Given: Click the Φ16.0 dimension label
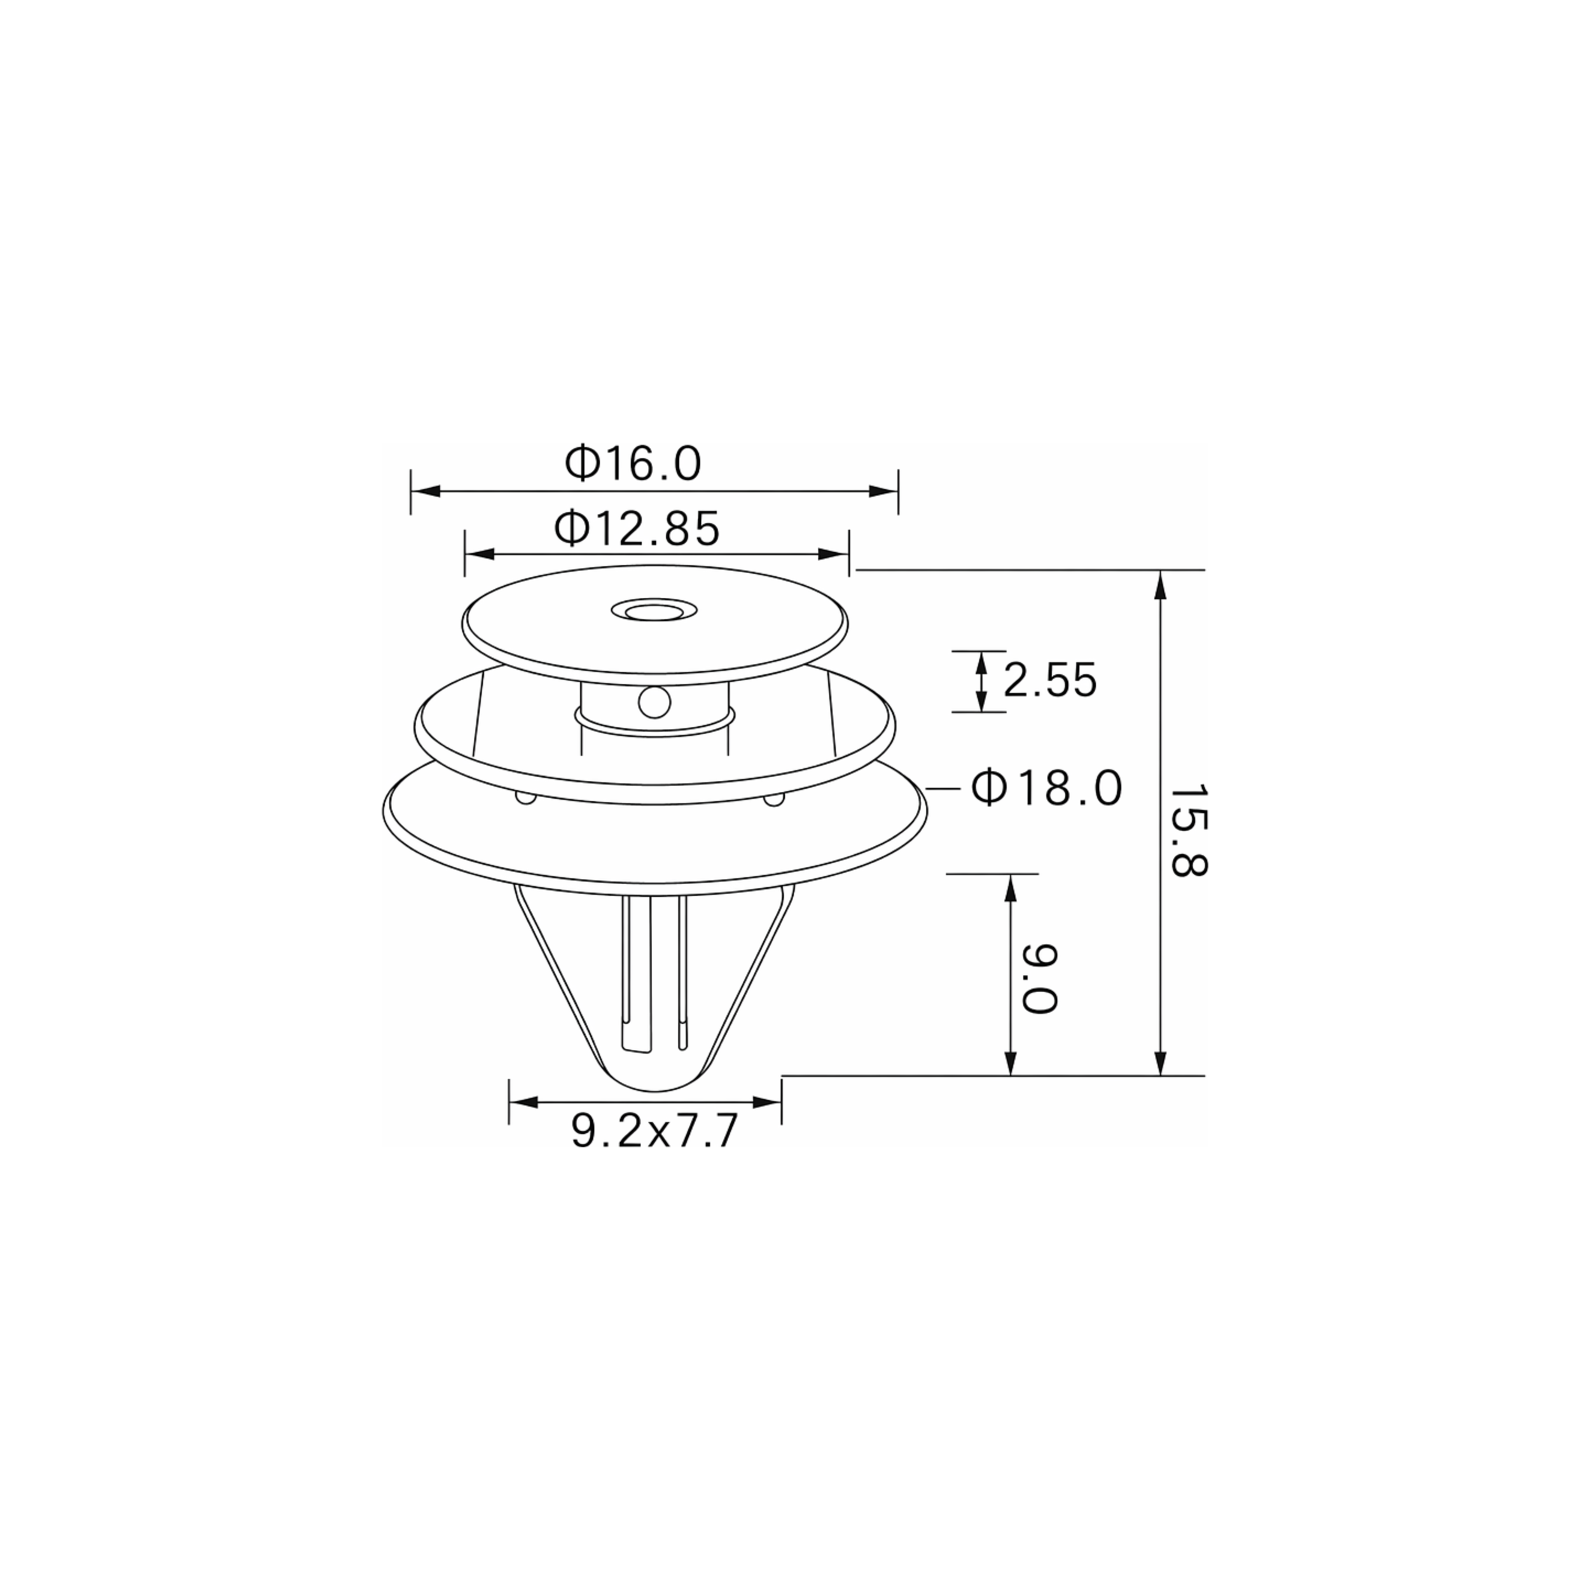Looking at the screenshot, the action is (633, 464).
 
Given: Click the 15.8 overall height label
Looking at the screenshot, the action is (1187, 831).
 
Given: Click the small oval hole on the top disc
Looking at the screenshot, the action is (654, 611).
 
